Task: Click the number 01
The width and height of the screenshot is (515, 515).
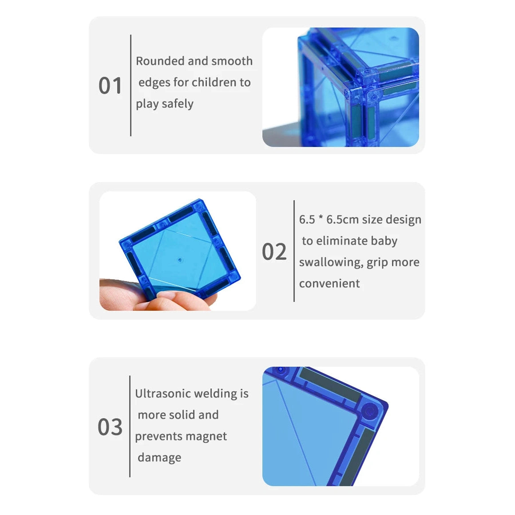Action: (x=110, y=86)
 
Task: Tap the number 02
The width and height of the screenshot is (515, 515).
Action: (x=274, y=252)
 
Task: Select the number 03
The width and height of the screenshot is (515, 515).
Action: (x=110, y=427)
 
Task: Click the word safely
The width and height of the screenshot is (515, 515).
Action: (x=178, y=104)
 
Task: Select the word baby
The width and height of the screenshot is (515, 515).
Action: (x=384, y=241)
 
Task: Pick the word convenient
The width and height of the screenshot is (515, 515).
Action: (x=329, y=283)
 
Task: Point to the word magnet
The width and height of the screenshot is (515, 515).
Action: (x=206, y=436)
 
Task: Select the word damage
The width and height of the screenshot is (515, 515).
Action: (x=159, y=458)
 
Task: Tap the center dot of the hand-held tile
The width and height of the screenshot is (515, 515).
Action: (x=180, y=259)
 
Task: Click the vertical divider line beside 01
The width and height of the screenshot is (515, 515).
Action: (x=131, y=85)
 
